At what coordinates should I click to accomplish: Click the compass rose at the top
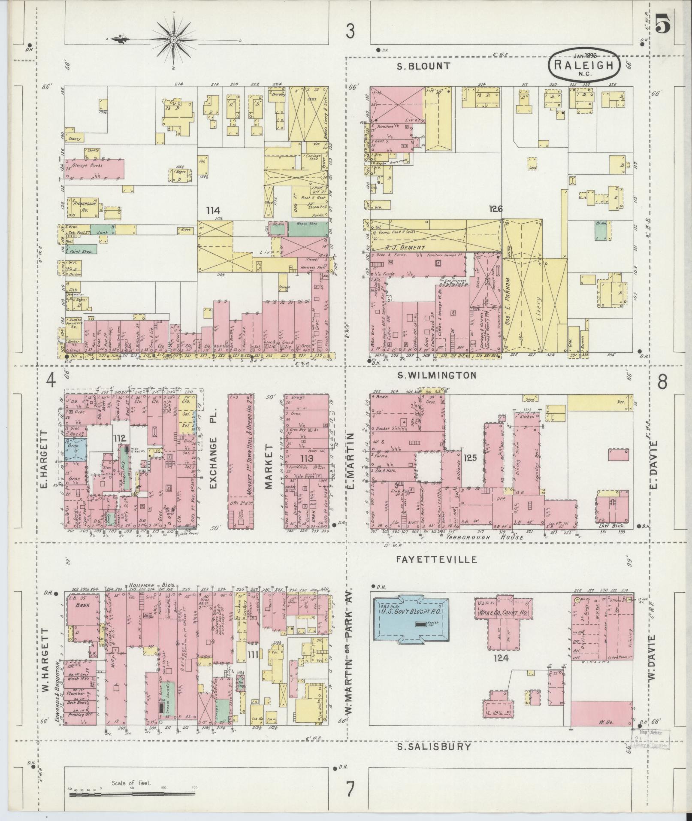(174, 40)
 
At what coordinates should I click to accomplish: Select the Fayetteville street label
(436, 560)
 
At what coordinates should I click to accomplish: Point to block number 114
(213, 211)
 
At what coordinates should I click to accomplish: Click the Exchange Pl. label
(214, 457)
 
